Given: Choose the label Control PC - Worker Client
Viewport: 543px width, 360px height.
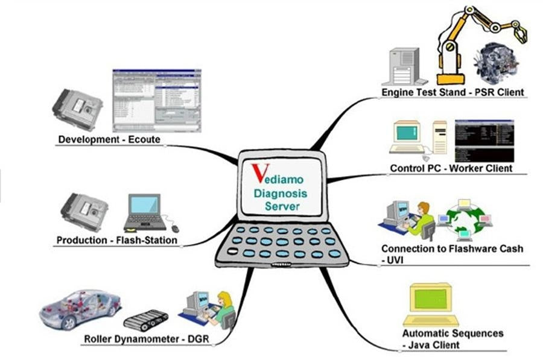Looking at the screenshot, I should pos(451,168).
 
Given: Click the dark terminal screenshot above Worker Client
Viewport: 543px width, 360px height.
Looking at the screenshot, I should pos(484,140).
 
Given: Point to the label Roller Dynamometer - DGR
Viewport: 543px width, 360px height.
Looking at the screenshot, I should pos(145,339).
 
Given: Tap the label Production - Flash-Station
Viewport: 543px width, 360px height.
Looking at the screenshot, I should pos(117,240).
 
